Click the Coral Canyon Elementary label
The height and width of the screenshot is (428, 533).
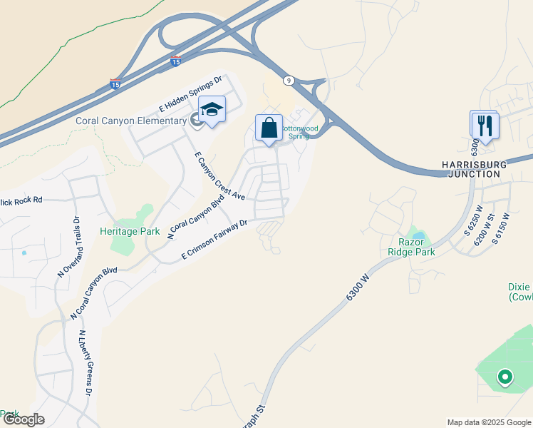coord(130,121)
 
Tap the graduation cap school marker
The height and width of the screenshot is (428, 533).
coord(212,111)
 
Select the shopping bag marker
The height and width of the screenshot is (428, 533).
coord(269,129)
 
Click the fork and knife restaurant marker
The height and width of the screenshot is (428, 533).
coord(485,126)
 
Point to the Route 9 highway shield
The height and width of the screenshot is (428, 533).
coord(288,81)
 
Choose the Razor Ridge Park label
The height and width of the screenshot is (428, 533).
coord(411,247)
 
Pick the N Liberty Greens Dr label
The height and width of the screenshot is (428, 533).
coord(86,364)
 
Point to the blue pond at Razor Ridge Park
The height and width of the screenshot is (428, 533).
coord(418,235)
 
